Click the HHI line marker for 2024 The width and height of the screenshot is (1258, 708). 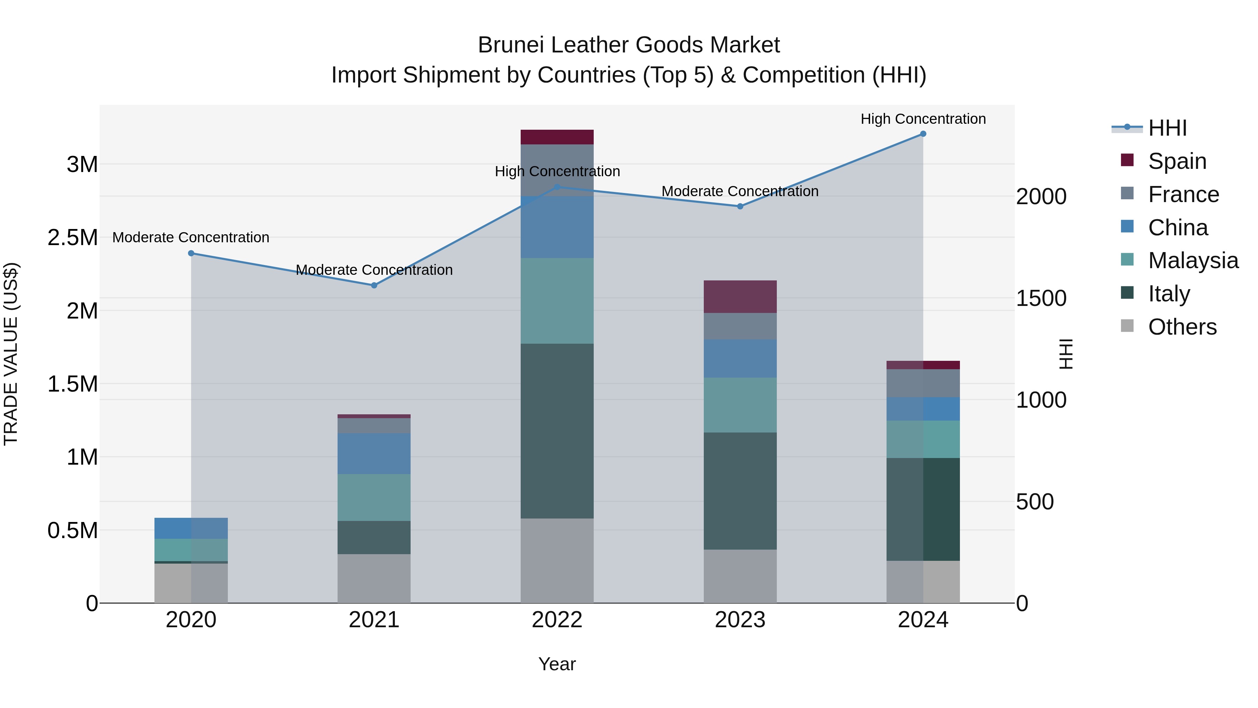[x=923, y=134]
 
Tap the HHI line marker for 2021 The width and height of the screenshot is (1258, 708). [x=374, y=285]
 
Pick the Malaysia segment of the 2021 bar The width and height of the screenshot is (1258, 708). [x=374, y=498]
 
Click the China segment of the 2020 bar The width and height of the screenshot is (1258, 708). [x=191, y=528]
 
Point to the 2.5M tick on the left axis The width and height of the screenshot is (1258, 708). [x=73, y=237]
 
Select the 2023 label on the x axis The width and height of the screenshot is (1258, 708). [x=740, y=620]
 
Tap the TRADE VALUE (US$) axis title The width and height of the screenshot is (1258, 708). [x=11, y=354]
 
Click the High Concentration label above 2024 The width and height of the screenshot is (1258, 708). [x=923, y=119]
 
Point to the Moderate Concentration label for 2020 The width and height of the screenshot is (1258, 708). [x=191, y=237]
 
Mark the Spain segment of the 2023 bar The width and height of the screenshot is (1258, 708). [x=740, y=296]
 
